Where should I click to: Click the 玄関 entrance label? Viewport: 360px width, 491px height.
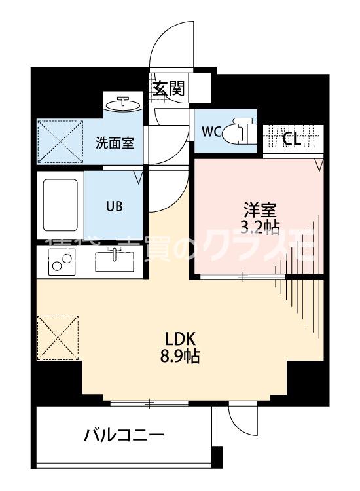(168, 88)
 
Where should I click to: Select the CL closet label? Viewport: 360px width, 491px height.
(292, 138)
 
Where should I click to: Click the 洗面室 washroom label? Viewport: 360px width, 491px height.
(115, 142)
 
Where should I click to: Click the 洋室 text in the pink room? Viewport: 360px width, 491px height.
(261, 210)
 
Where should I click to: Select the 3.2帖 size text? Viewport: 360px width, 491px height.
(261, 227)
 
